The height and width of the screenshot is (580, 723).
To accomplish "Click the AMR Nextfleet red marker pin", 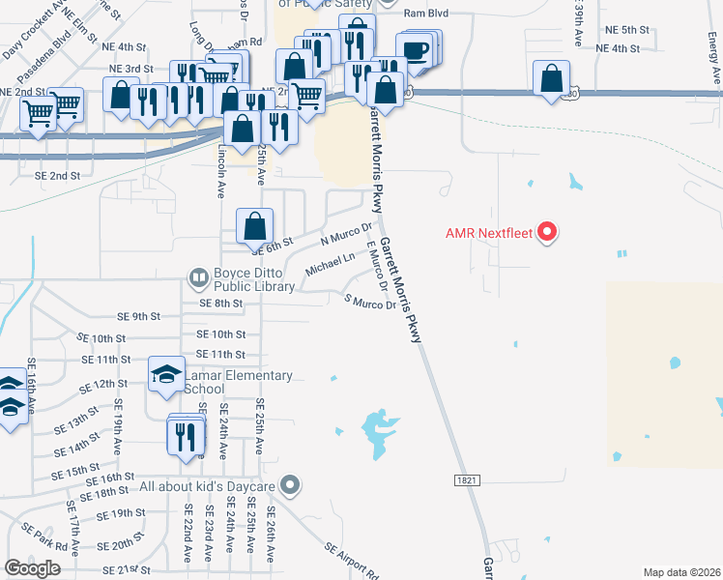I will (x=547, y=232).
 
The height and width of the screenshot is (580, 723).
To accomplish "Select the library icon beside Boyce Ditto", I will (x=199, y=279).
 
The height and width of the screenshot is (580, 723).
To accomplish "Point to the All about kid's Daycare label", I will (x=209, y=485).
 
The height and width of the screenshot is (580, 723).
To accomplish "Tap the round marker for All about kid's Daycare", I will (x=290, y=484).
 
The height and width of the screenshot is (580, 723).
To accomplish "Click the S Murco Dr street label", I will (x=370, y=303).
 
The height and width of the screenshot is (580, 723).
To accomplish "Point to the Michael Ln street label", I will (x=330, y=263).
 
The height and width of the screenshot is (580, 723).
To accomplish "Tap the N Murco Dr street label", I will (x=346, y=234).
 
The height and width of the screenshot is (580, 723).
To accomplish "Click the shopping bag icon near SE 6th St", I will (x=253, y=228).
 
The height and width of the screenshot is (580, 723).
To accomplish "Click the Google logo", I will (x=33, y=568).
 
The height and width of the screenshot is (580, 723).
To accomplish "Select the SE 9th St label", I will (x=138, y=316).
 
